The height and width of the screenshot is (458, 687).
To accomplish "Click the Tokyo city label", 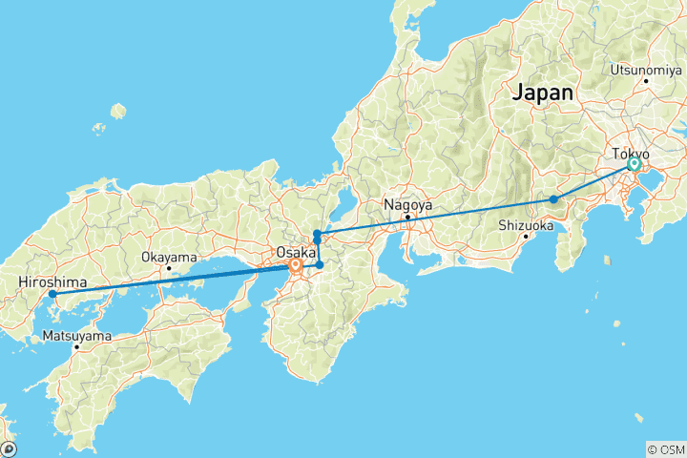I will [631, 154].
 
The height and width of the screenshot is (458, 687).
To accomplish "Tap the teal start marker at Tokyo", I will [634, 165].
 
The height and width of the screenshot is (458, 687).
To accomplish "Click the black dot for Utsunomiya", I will [646, 80].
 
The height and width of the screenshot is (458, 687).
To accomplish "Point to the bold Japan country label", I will [543, 94].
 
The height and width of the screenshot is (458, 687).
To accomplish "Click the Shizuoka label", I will [526, 226].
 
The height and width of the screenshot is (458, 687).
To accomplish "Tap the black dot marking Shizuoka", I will [526, 237].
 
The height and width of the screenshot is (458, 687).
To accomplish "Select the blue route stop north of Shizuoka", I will [553, 199].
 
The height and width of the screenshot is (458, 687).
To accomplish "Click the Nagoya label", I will [407, 204].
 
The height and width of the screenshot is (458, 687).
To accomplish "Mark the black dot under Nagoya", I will [407, 217].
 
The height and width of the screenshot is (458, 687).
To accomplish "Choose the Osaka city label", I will [295, 252].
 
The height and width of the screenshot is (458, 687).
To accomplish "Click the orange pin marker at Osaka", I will [296, 267].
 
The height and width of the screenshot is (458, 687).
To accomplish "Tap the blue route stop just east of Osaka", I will [320, 264].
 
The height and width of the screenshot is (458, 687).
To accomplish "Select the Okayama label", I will [169, 257].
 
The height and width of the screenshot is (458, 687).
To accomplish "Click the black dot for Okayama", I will [169, 268].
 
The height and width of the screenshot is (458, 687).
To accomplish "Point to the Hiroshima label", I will [52, 282].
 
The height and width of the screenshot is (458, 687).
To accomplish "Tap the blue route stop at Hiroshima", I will [52, 294].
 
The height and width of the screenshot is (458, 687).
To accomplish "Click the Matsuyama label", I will [76, 336].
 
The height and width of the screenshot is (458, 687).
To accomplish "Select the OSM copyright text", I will [665, 448].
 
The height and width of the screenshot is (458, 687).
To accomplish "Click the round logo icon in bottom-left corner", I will [9, 448].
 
